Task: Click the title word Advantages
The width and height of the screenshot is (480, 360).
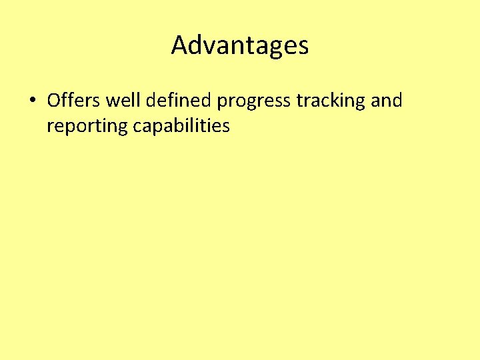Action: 240,45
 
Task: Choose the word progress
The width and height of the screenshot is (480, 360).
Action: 254,102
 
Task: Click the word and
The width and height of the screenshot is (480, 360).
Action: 387,101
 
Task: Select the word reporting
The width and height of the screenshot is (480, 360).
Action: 86,127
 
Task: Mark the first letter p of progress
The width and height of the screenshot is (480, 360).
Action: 222,103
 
